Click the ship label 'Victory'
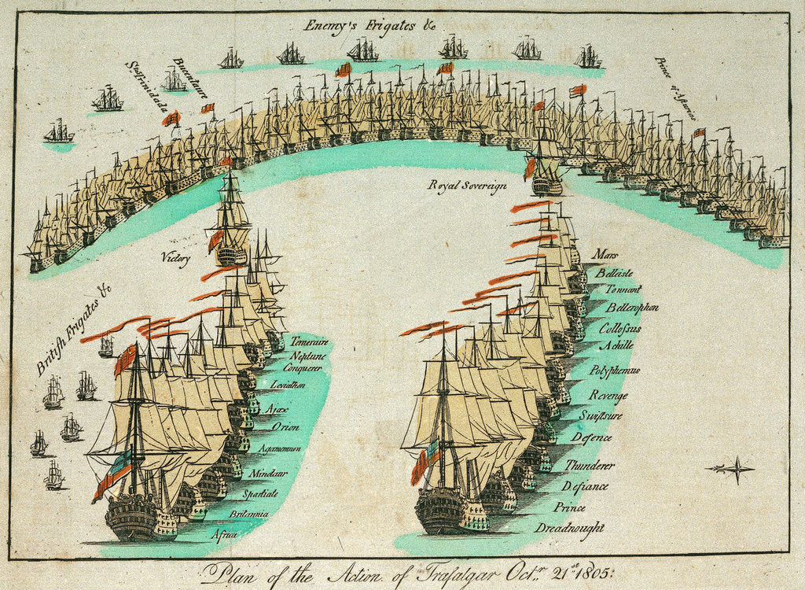[175, 258]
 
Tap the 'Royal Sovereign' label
[466, 186]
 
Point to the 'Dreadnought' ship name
[569, 527]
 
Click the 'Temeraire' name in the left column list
[309, 342]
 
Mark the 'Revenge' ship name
[609, 396]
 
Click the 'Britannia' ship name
[248, 514]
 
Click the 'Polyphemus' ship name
[614, 370]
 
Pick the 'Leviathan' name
[288, 385]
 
